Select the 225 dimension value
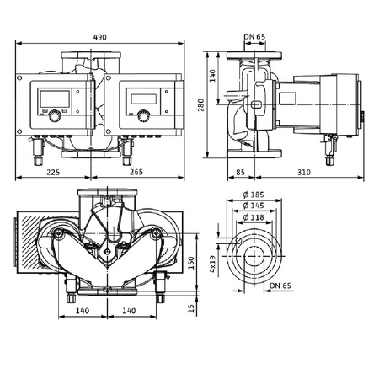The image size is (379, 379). click(52, 173)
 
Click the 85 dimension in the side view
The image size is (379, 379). click(241, 173)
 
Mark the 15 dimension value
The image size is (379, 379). click(190, 309)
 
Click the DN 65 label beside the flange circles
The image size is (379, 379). click(281, 286)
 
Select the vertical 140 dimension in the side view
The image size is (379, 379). click(215, 74)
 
